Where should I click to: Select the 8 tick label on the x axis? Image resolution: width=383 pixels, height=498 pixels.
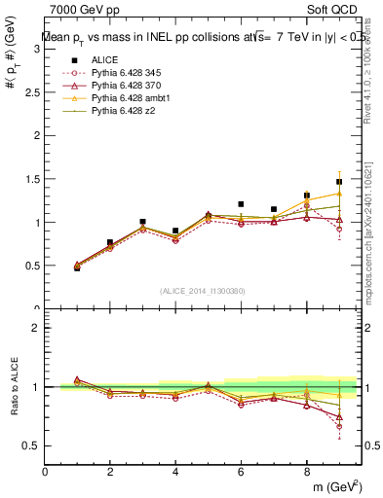306,472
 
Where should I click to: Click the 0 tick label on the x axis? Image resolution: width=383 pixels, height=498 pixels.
45,472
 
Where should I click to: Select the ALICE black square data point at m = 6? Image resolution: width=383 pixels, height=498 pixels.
241,204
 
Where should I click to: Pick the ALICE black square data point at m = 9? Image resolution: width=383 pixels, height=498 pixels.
339,182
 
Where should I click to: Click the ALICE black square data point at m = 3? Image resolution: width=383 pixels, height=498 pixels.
142,222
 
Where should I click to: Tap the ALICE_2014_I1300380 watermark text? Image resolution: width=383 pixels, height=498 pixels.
203,291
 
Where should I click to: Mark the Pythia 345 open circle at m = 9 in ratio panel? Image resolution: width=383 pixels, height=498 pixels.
339,426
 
